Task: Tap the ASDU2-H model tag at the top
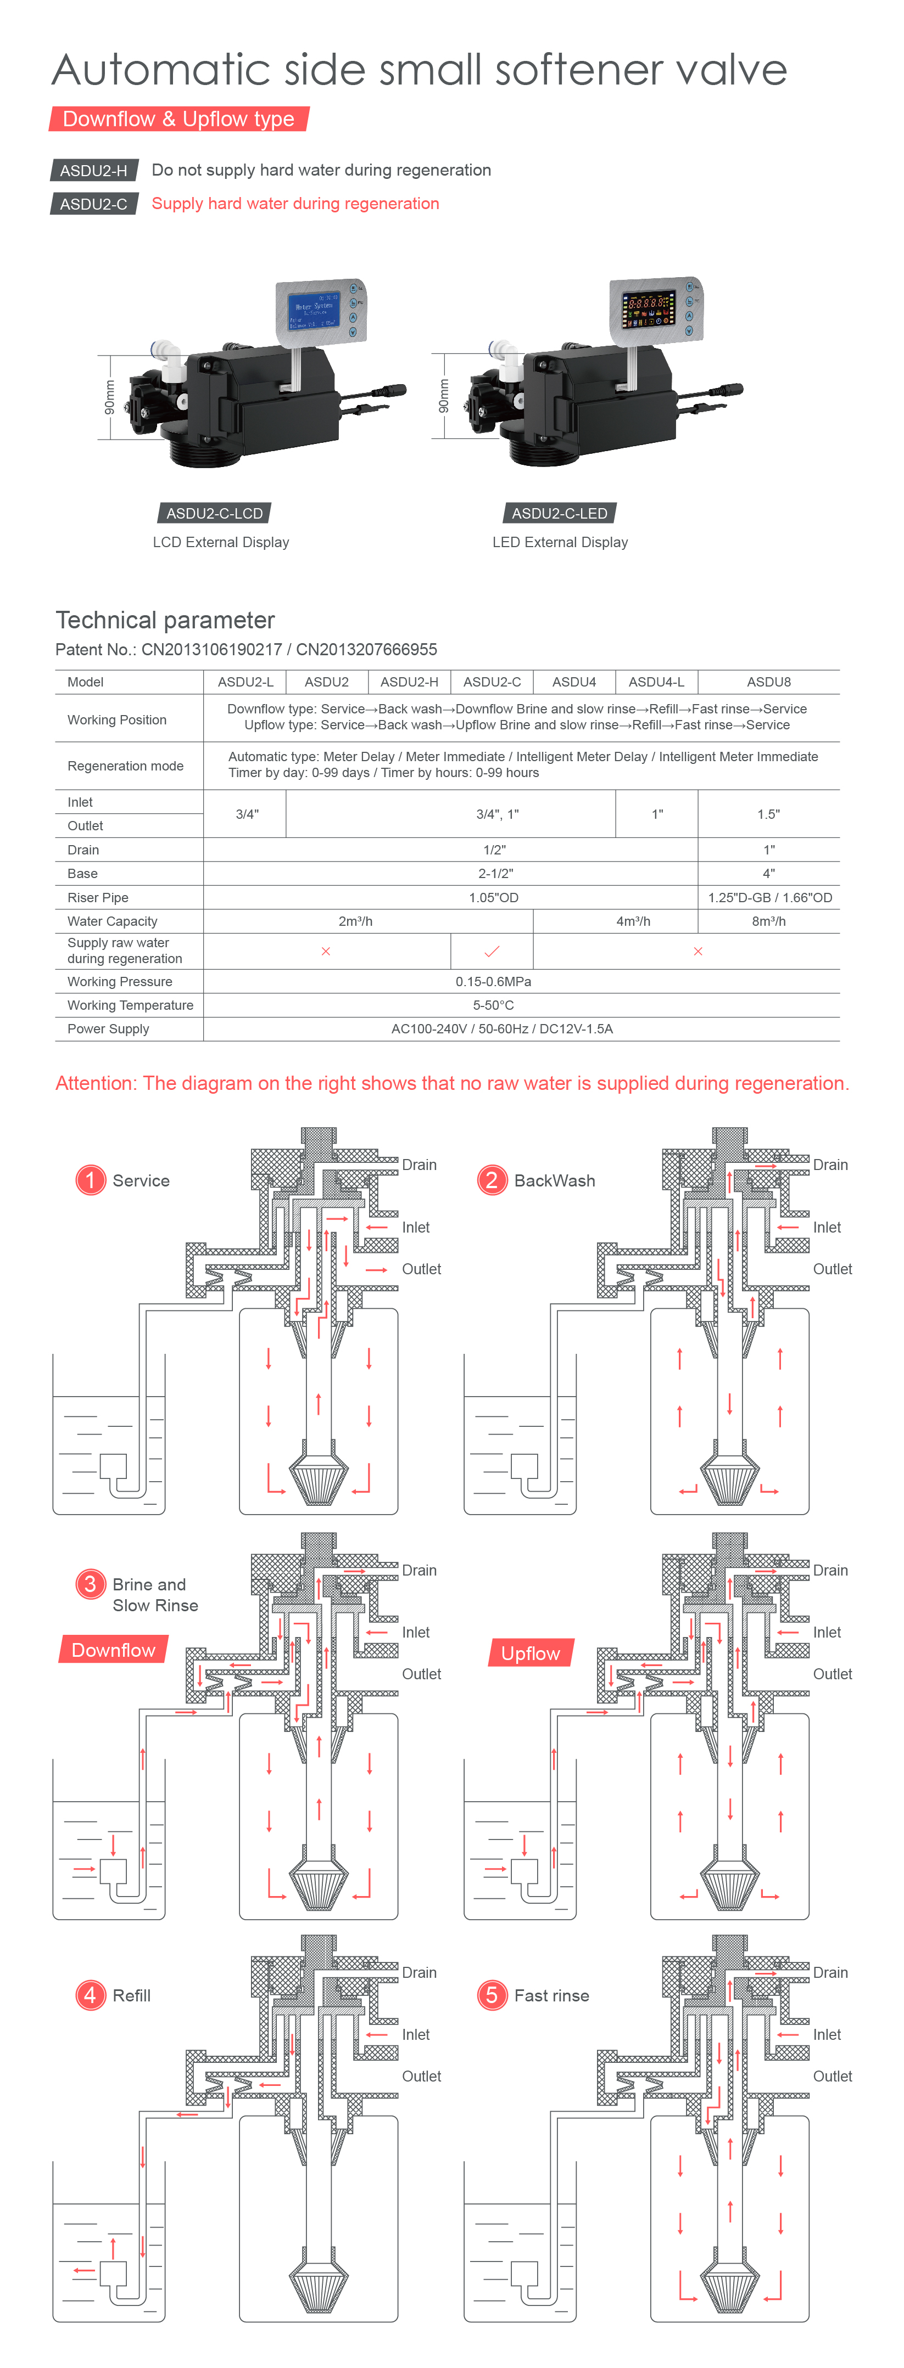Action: [94, 170]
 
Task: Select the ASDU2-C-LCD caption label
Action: [214, 513]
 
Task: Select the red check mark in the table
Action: [492, 952]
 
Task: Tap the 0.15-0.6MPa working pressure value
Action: [493, 982]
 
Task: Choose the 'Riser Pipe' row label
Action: [97, 897]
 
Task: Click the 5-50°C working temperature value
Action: [493, 1006]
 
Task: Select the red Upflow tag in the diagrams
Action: [531, 1653]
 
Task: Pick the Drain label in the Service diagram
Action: [420, 1165]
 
